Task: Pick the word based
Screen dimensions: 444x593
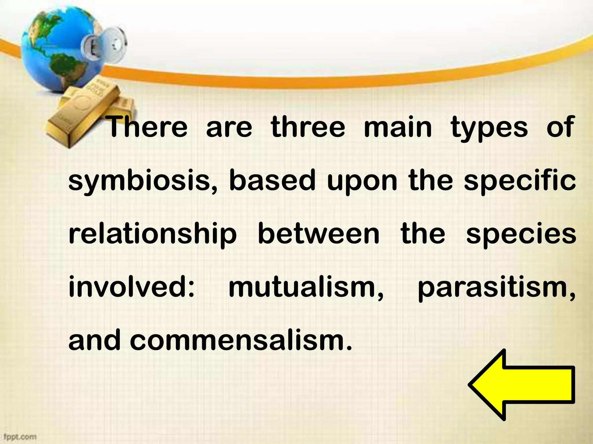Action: [272, 180]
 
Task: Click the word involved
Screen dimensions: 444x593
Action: [132, 287]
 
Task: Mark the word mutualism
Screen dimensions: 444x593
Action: [306, 288]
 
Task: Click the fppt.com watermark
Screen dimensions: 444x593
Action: [19, 437]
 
